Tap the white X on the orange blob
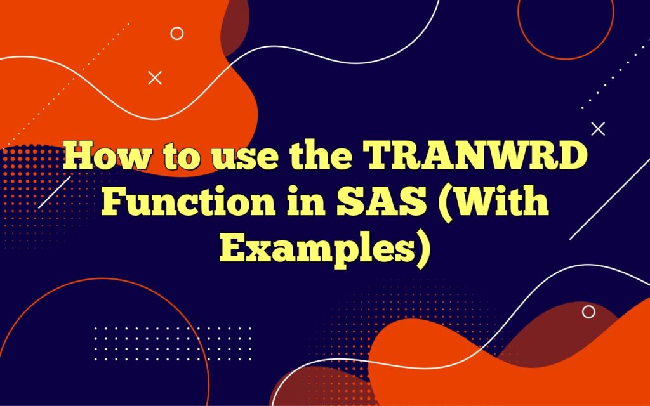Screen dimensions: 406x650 (155, 78)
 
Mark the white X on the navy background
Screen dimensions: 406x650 (598, 129)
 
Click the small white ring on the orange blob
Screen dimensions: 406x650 (177, 34)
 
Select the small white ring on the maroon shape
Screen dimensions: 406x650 (589, 311)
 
